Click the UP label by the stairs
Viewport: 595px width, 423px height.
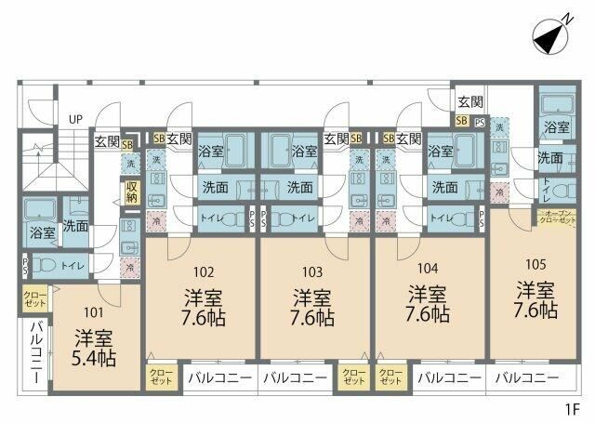75,120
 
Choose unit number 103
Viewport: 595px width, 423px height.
312,272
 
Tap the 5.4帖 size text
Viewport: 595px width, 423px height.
94,356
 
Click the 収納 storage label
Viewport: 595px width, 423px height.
132,192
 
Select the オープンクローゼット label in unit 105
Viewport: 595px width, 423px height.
558,218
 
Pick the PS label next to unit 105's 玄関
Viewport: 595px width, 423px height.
480,121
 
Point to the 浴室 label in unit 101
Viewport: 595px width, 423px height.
42,231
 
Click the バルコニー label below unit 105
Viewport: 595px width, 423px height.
526,378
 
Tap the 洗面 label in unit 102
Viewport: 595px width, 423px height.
216,187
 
